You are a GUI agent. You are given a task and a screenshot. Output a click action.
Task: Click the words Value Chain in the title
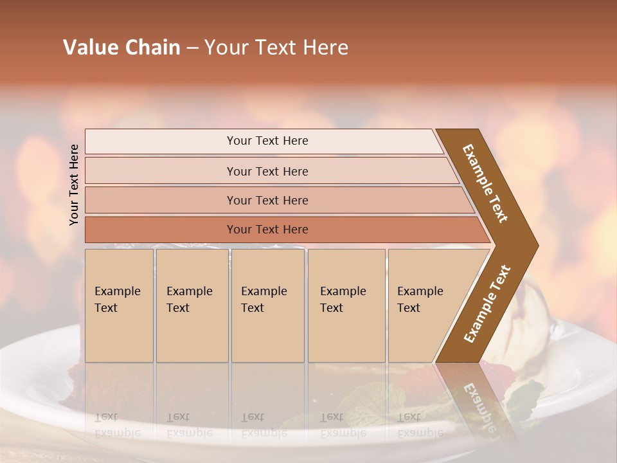tap(121, 48)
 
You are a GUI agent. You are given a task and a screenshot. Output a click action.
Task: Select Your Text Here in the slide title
tap(276, 48)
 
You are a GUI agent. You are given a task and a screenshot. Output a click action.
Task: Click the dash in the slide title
tap(192, 48)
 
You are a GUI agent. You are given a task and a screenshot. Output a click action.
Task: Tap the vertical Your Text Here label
tap(75, 185)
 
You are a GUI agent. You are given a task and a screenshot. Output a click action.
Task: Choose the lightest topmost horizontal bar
tap(267, 141)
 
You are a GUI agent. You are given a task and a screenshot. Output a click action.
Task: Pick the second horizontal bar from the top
tap(267, 171)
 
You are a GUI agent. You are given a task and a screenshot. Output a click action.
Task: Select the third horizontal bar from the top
tap(267, 200)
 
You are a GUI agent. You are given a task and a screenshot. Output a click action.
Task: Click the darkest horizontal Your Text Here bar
tap(267, 230)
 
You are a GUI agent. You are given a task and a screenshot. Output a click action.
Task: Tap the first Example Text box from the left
tap(118, 305)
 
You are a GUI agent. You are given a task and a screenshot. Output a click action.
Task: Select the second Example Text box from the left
tap(192, 305)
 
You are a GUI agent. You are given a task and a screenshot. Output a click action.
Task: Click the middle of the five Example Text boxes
tap(267, 305)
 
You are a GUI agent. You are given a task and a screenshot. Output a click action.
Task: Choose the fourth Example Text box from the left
tap(346, 305)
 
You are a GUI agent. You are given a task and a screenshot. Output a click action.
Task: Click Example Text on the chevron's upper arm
tap(485, 183)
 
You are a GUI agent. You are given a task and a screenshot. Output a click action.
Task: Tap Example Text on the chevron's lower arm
tap(487, 304)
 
